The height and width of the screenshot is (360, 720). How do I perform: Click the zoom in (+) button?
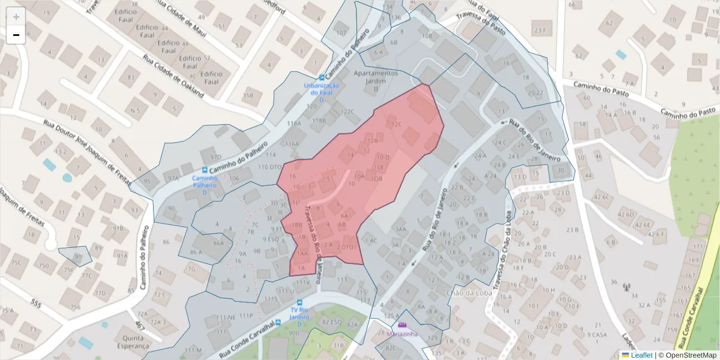click(16, 17)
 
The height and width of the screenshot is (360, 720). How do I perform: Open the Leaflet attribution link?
click(641, 355)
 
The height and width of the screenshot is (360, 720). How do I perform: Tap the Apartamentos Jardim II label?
click(376, 80)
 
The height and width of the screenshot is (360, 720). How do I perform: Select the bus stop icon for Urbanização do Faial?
click(322, 77)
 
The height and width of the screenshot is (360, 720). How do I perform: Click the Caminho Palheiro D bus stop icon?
click(206, 170)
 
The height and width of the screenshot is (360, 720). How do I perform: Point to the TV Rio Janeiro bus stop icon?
click(299, 302)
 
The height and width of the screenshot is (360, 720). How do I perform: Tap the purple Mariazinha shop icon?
click(402, 325)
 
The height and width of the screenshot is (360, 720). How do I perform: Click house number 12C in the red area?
click(395, 125)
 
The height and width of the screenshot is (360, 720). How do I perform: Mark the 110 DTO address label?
click(269, 167)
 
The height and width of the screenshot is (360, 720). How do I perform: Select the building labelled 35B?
click(248, 95)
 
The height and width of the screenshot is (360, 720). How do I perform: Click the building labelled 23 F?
click(541, 30)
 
